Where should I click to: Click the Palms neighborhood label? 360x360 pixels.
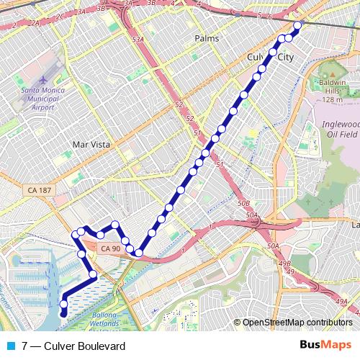pyautogui.click(x=206, y=37)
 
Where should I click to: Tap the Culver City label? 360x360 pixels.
pyautogui.click(x=270, y=56)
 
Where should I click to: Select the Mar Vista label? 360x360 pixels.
pyautogui.click(x=91, y=144)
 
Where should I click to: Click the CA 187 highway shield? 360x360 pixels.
pyautogui.click(x=37, y=189)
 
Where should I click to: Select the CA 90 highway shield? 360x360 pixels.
pyautogui.click(x=110, y=248)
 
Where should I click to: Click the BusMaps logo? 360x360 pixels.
pyautogui.click(x=325, y=346)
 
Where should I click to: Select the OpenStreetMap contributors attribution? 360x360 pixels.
pyautogui.click(x=297, y=322)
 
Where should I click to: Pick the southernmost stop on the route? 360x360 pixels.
pyautogui.click(x=63, y=312)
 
